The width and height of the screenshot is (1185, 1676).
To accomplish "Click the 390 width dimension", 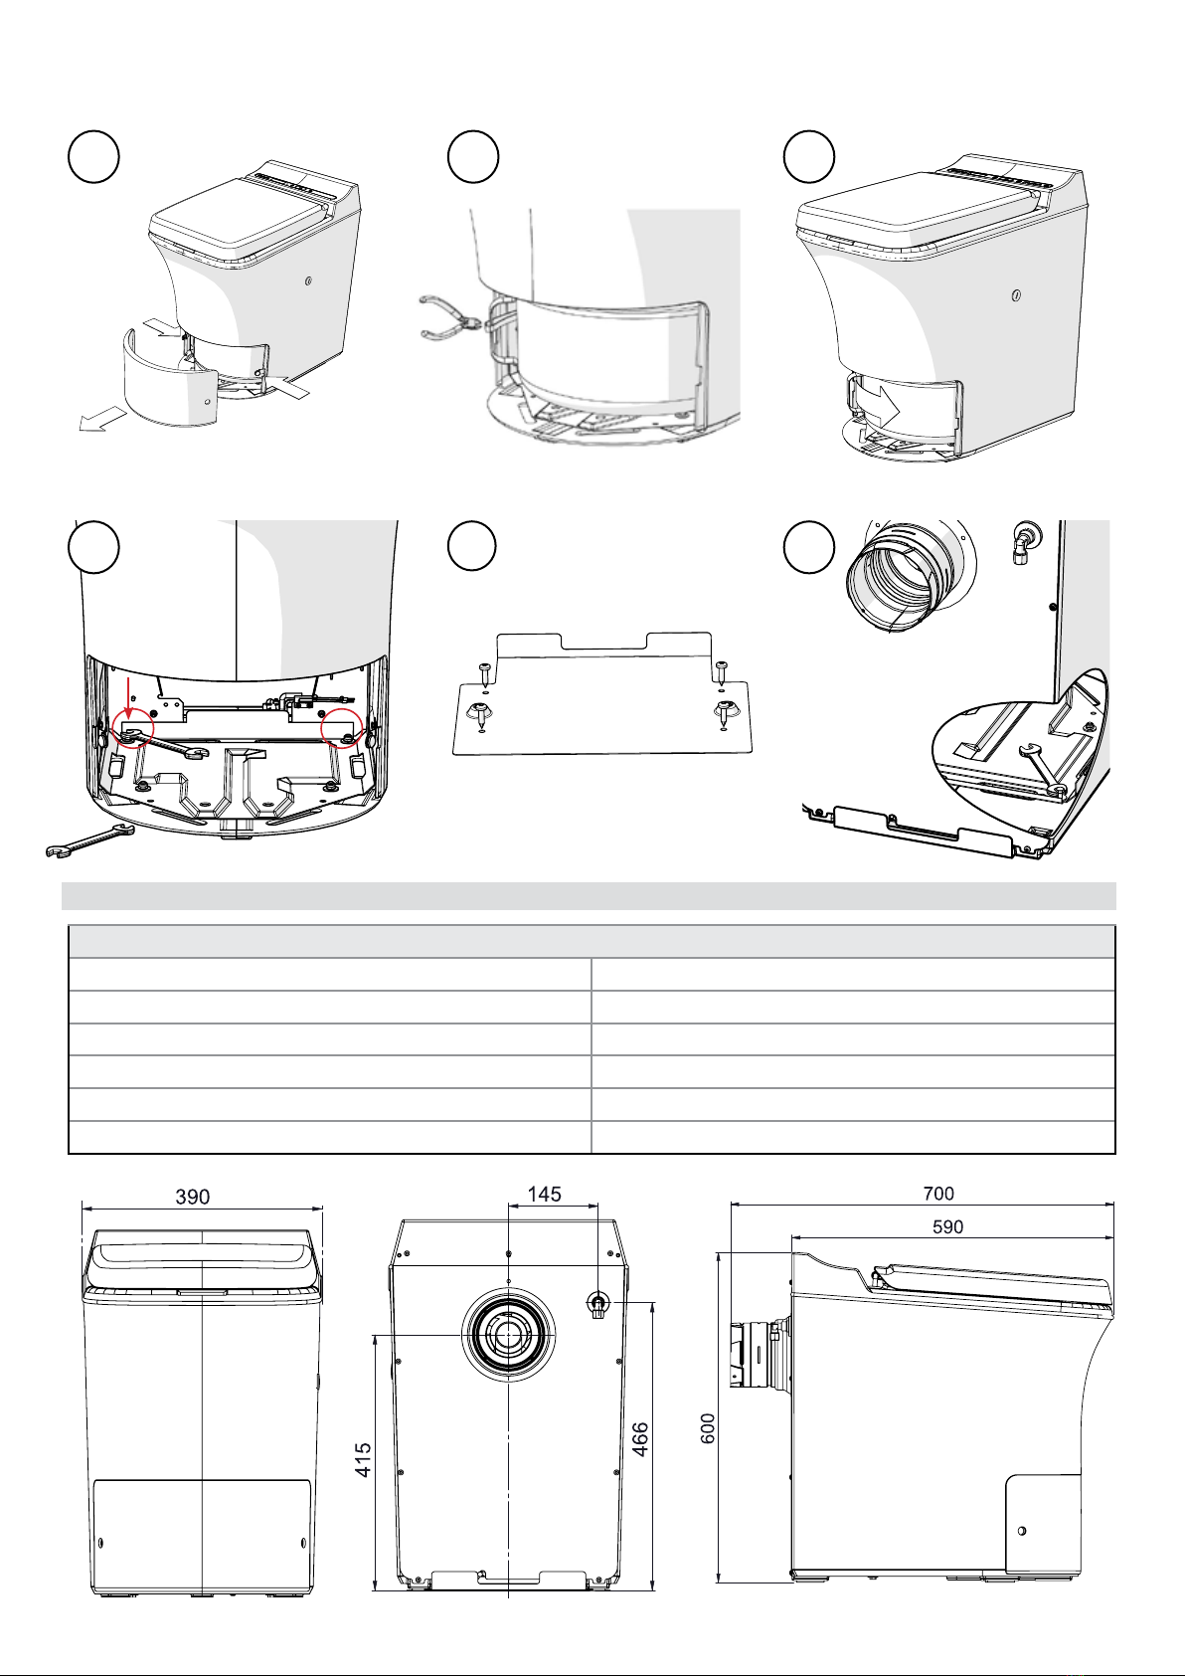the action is pyautogui.click(x=192, y=1197).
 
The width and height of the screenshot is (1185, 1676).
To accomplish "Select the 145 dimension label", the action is pyautogui.click(x=544, y=1195).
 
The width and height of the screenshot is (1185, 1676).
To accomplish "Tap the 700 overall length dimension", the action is pyautogui.click(x=938, y=1194).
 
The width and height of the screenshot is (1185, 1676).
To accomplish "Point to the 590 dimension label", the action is pyautogui.click(x=948, y=1227).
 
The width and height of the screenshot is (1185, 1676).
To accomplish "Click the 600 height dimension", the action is pyautogui.click(x=708, y=1428).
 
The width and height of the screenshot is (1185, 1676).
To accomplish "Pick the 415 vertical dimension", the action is pyautogui.click(x=363, y=1460).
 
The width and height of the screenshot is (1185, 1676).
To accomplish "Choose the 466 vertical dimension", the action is pyautogui.click(x=641, y=1439).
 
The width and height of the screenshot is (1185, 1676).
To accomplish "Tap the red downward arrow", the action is pyautogui.click(x=128, y=698).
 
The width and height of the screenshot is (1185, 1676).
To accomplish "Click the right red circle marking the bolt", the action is pyautogui.click(x=342, y=727).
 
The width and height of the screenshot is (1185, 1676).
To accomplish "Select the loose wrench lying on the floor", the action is pyautogui.click(x=89, y=839).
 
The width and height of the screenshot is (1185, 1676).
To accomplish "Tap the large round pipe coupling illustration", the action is pyautogui.click(x=910, y=578).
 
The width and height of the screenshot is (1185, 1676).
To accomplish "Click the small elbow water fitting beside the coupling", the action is pyautogui.click(x=1023, y=539).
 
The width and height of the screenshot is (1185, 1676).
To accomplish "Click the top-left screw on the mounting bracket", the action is pyautogui.click(x=484, y=670).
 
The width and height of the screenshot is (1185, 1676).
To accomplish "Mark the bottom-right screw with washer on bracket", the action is pyautogui.click(x=724, y=714).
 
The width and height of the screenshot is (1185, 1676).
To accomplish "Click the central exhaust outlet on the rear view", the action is pyautogui.click(x=508, y=1336).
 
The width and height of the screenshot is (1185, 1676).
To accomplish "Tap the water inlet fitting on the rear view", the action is pyautogui.click(x=597, y=1305).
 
